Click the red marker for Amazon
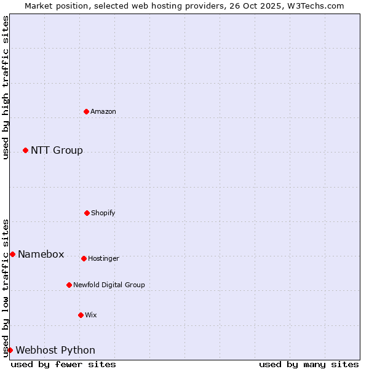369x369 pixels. coord(87,111)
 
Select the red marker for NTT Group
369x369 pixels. coord(25,150)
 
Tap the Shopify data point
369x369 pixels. coord(87,213)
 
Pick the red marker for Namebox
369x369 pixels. coord(12,254)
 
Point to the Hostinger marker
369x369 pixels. coord(84,258)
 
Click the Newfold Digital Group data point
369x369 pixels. coord(69,285)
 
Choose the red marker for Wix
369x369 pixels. coord(81,315)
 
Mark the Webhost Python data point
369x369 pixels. coord(10,350)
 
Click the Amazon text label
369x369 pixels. coord(103,111)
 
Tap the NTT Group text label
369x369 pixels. coord(57,150)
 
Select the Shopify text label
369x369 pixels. coord(103,213)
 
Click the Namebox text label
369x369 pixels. coord(41,254)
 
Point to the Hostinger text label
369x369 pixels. coord(103,258)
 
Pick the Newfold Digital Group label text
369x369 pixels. coord(109,285)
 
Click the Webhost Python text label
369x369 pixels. coord(55,350)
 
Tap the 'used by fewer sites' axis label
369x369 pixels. coord(63,364)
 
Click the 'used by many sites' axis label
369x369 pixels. coord(309,364)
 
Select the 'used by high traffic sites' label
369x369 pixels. coord(6,87)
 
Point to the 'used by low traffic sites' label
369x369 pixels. coord(6,288)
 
